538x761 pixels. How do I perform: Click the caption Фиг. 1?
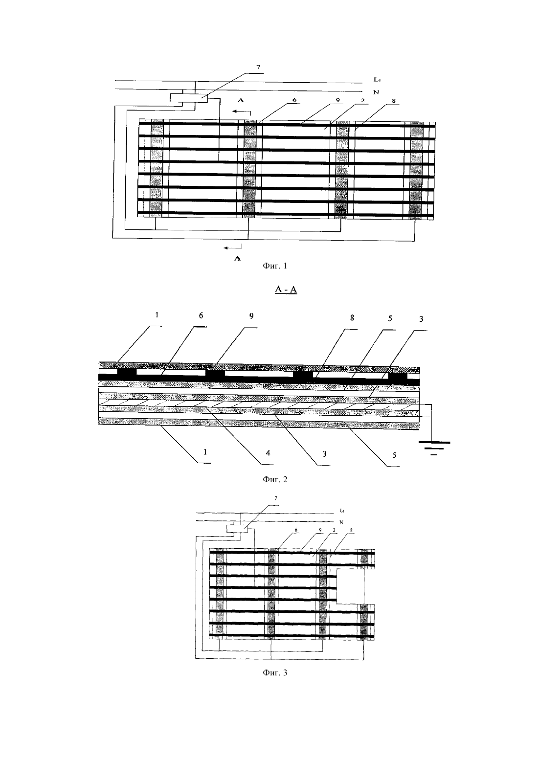click(x=275, y=266)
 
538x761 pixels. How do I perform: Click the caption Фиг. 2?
click(x=275, y=479)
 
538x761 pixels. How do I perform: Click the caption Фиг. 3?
click(x=275, y=672)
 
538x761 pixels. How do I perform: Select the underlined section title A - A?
click(x=286, y=289)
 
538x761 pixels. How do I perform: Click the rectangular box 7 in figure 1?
click(x=189, y=98)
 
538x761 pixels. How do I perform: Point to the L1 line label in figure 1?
click(x=377, y=80)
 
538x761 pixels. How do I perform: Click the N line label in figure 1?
click(x=376, y=92)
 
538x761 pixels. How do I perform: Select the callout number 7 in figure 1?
click(x=258, y=67)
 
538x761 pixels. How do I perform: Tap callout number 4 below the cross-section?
click(x=268, y=453)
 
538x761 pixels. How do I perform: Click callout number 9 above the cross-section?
click(x=251, y=316)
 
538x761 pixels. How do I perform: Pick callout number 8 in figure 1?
click(x=394, y=101)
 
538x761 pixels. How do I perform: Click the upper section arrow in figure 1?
click(x=242, y=112)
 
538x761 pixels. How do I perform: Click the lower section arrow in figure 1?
click(x=233, y=247)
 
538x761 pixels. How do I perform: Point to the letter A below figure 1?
click(x=238, y=259)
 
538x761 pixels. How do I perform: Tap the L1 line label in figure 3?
click(x=342, y=510)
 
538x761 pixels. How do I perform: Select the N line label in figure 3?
click(x=341, y=522)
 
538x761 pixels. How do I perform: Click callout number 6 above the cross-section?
click(x=201, y=315)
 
